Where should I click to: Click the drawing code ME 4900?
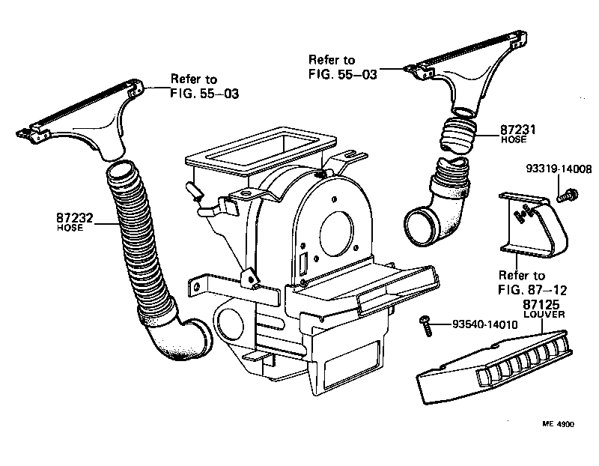(x=558, y=424)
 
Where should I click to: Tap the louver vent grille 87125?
(x=494, y=365)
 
